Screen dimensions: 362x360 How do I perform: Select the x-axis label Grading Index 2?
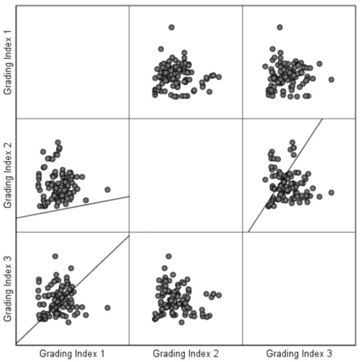186,353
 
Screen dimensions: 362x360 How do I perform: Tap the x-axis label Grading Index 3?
299,353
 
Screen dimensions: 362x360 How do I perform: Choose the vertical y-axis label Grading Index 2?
9,175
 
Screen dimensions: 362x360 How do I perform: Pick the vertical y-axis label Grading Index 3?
9,288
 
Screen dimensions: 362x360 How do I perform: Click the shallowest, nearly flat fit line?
72,207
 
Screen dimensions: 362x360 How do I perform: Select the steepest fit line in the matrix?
285,175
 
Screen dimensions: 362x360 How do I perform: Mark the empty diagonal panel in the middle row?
186,175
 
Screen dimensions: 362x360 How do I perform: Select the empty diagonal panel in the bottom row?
299,288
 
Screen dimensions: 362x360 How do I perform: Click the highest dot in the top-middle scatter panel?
171,27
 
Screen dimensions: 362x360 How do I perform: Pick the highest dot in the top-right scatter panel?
280,27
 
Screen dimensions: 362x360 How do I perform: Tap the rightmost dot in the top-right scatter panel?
331,80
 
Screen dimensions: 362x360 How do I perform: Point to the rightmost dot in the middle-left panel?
107,190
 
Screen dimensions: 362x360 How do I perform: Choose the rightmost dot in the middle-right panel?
331,194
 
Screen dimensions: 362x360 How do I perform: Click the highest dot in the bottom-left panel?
55,256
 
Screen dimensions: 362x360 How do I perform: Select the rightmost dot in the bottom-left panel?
107,307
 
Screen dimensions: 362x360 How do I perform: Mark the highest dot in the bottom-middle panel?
168,256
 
